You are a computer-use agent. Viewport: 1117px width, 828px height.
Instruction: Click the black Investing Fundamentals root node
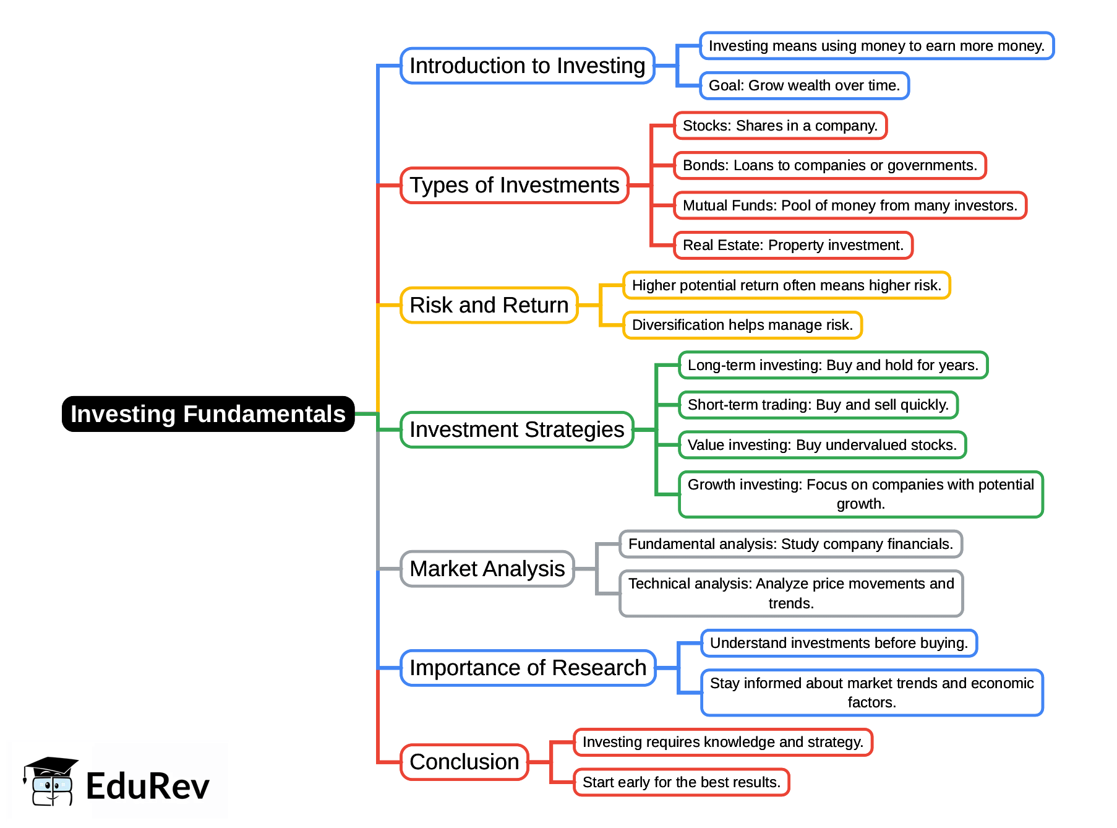point(208,414)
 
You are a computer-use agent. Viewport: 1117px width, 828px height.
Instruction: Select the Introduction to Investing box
point(527,66)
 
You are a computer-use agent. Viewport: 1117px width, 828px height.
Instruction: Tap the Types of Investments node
point(514,185)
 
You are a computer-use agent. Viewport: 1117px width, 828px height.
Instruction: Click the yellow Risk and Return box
point(489,305)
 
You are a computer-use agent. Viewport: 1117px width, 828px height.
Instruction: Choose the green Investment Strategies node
point(516,429)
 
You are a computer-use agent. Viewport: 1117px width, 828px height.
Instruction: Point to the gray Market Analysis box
point(487,569)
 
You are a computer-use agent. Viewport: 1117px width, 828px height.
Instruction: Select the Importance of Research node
point(528,668)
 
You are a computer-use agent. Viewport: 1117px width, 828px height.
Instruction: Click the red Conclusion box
point(464,762)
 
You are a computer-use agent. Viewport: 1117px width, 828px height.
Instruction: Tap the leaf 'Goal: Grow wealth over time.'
point(804,85)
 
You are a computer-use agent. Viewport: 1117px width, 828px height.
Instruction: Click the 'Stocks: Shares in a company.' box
point(780,126)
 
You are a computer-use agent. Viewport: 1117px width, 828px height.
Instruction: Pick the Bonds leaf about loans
point(829,165)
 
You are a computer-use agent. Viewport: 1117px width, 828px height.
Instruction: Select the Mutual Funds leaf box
point(850,205)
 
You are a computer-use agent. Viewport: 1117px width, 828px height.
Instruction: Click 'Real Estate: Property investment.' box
point(793,245)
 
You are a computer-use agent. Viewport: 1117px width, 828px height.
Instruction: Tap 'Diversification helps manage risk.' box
point(742,325)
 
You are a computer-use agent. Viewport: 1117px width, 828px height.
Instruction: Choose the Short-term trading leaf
point(818,405)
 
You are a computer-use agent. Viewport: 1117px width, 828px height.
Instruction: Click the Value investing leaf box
point(822,445)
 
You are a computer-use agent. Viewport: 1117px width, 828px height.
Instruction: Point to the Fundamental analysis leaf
point(790,544)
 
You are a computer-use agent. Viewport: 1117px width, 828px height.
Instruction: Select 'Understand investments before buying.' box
point(839,643)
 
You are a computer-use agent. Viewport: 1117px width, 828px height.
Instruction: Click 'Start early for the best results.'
point(681,782)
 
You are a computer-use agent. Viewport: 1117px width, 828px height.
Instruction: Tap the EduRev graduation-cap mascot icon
point(50,782)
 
